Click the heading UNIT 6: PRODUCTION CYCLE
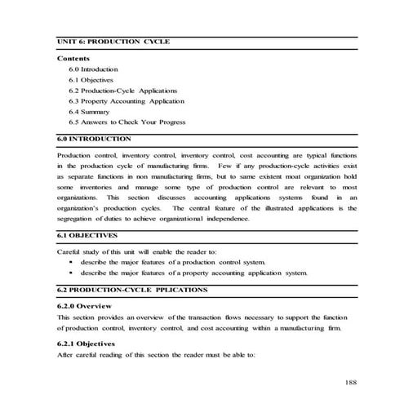[113, 41]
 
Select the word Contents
[73, 59]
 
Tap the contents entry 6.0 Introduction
[94, 69]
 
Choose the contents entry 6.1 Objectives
[91, 80]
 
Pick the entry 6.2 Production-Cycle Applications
[122, 91]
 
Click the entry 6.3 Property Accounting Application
[127, 101]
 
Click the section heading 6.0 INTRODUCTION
[95, 140]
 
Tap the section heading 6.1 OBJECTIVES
[90, 235]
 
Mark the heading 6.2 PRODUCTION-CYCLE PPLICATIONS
[132, 290]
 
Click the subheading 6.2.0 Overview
[89, 305]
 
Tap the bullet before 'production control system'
[72, 262]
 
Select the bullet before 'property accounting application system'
[72, 273]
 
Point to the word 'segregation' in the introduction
[77, 219]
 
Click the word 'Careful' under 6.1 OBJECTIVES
[71, 251]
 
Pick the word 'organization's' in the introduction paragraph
[82, 208]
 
